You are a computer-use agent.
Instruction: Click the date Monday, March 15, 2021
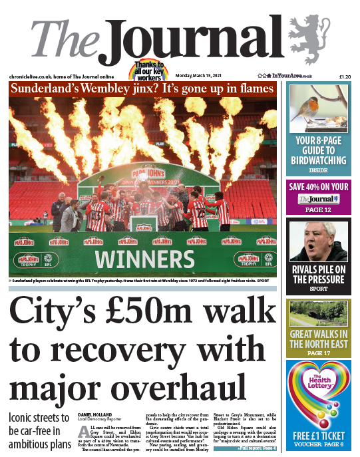(x=204, y=77)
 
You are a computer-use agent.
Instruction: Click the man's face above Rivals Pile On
(x=322, y=240)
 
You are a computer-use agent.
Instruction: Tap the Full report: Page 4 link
(x=258, y=450)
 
